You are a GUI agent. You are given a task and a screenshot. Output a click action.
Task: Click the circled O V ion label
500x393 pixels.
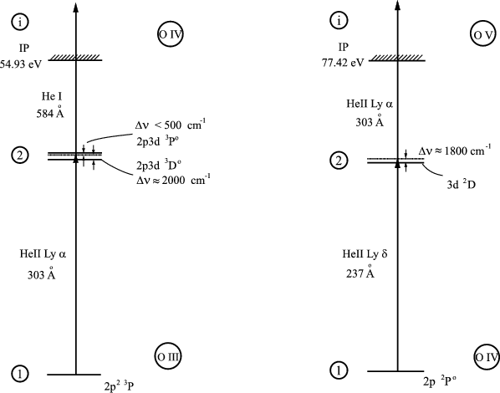tap(484, 34)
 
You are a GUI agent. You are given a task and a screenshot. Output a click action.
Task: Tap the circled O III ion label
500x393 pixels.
tap(169, 357)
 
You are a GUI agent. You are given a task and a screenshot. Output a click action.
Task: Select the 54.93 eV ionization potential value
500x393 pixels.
tap(21, 64)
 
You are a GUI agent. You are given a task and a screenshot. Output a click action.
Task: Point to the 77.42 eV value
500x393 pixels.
tap(343, 63)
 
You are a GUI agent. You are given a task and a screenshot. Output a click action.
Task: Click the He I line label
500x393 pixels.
tap(51, 96)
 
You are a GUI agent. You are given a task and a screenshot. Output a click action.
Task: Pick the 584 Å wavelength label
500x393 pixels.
tap(50, 112)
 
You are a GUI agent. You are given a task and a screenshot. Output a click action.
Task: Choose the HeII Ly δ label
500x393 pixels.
tap(365, 254)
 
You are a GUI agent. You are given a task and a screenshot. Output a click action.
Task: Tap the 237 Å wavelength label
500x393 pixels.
tap(360, 272)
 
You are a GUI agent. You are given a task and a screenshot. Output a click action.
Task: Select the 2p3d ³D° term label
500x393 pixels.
tap(159, 165)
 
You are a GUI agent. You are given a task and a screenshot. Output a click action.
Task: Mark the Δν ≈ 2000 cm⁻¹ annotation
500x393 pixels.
tap(173, 180)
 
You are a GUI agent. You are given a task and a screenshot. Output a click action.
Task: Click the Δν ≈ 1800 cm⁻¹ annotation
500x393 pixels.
tap(455, 151)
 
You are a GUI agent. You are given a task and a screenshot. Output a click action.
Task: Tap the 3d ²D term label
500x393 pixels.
tap(461, 185)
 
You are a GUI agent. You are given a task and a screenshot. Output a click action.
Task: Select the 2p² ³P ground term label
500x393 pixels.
tap(119, 386)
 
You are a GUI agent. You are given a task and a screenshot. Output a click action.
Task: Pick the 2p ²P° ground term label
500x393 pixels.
tap(440, 381)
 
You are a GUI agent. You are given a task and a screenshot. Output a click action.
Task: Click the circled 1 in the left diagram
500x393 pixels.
tap(20, 373)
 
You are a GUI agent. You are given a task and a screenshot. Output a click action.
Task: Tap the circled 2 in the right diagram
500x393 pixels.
tap(339, 161)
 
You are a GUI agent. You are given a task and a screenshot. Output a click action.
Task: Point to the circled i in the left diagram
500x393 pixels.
tap(20, 22)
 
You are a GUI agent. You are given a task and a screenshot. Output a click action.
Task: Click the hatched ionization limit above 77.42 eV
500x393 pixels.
tap(397, 58)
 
